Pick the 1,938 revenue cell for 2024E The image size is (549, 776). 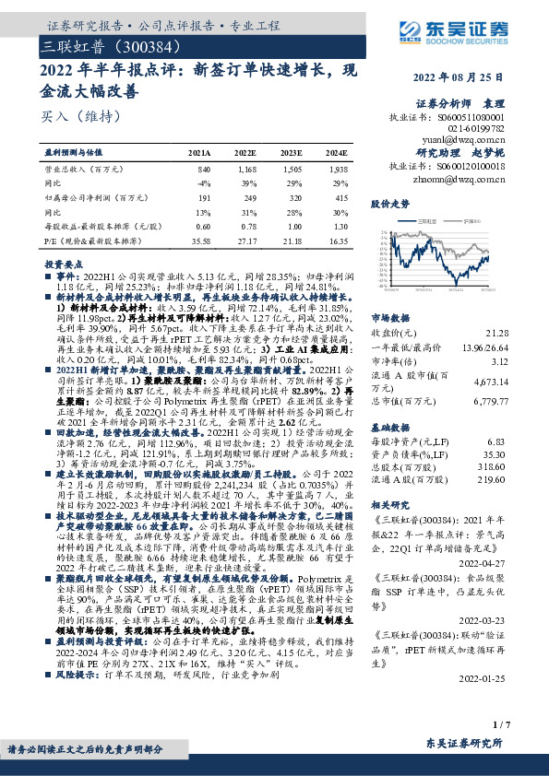337,170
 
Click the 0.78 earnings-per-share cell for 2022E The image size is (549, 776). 246,226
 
